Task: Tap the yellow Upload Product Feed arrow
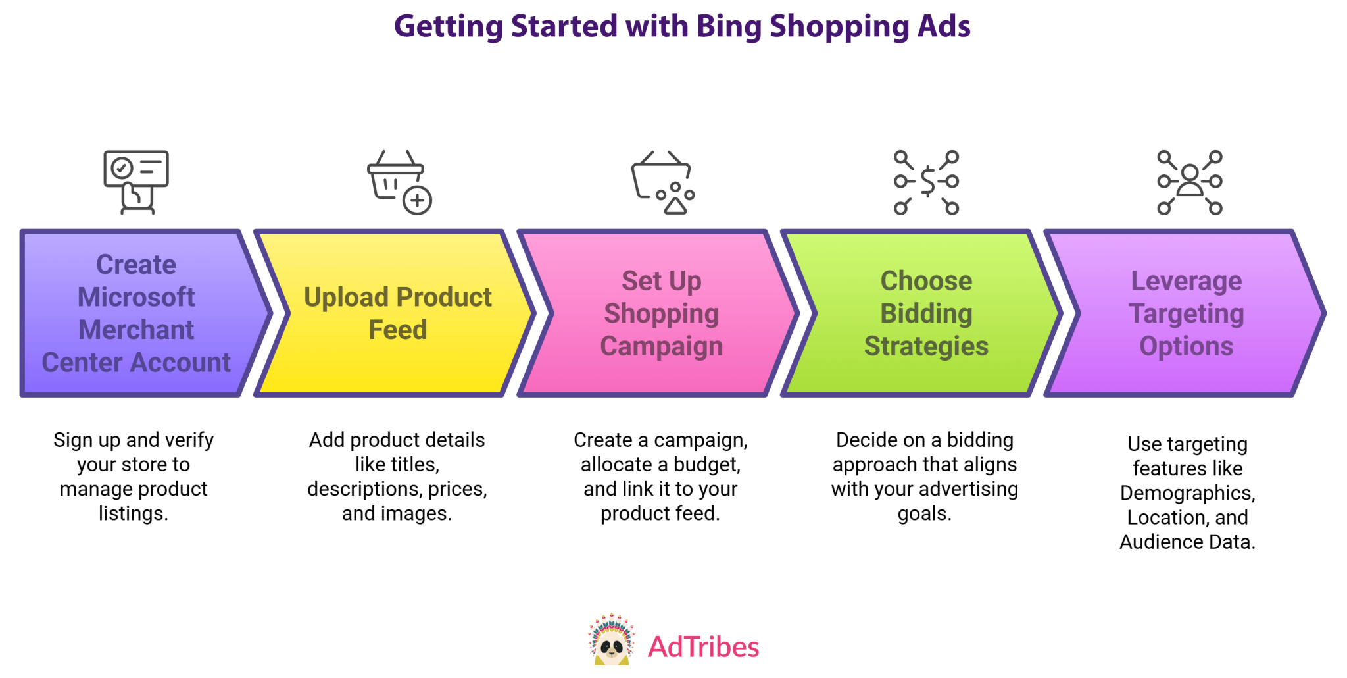pos(395,313)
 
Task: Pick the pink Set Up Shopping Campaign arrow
pos(658,313)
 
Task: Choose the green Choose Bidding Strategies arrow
pos(921,313)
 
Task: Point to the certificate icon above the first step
pos(136,182)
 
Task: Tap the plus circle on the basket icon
pos(417,200)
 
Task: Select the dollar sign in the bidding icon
pos(927,182)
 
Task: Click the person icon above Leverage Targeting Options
pos(1190,180)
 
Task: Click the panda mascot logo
pos(612,640)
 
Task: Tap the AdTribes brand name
pos(703,647)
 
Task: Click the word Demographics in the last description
pos(1188,493)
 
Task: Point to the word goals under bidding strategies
pos(925,514)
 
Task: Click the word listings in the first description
pos(134,513)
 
